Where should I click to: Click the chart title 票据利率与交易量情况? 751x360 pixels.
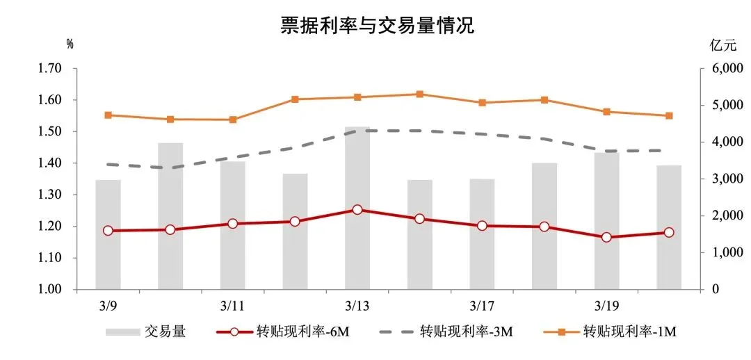point(376,26)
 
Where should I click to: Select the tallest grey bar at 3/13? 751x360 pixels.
point(357,208)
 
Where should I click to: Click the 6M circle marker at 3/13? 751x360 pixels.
point(357,209)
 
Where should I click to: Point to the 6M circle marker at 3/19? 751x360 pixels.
point(606,237)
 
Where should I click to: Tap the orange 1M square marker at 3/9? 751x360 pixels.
point(108,115)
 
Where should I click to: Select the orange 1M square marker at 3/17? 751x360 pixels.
point(482,103)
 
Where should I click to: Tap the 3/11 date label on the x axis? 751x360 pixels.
point(232,306)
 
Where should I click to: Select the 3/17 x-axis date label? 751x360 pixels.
point(482,306)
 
